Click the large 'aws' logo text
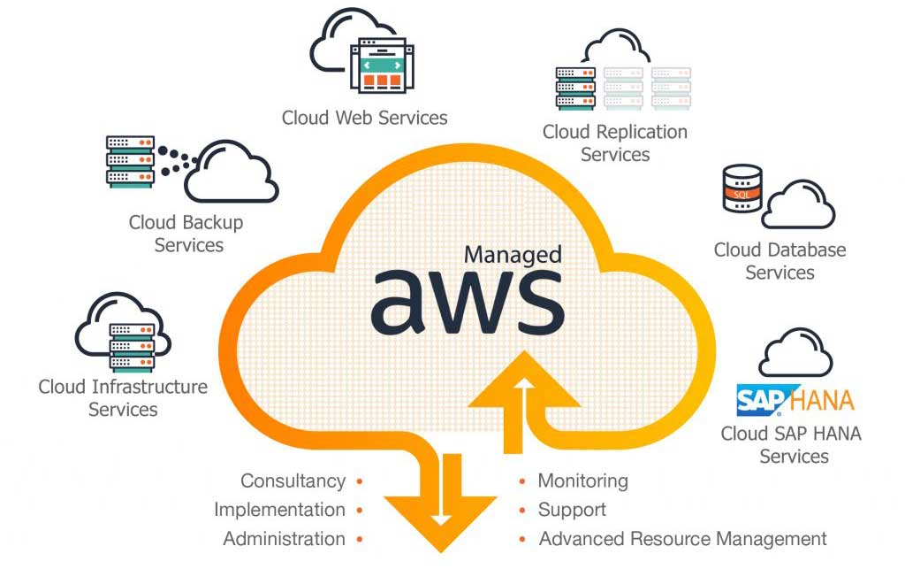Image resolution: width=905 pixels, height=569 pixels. pyautogui.click(x=467, y=301)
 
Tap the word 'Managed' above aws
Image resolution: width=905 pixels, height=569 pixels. pyautogui.click(x=513, y=255)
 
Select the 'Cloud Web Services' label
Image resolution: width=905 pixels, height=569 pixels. pyautogui.click(x=364, y=118)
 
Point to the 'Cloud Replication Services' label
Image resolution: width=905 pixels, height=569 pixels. pyautogui.click(x=614, y=143)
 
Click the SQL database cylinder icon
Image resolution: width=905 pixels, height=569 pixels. pyautogui.click(x=741, y=188)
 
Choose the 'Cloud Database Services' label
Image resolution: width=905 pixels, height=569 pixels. pyautogui.click(x=780, y=261)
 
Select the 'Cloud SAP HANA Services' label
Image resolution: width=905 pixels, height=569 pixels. pyautogui.click(x=790, y=445)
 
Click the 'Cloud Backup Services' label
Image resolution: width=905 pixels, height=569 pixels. pyautogui.click(x=186, y=234)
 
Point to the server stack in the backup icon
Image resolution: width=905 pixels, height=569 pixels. pyautogui.click(x=130, y=161)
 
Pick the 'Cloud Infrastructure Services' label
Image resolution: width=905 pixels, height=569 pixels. pyautogui.click(x=123, y=398)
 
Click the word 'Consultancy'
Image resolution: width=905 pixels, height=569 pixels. pyautogui.click(x=293, y=481)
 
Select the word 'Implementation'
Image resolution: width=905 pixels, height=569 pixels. pyautogui.click(x=279, y=510)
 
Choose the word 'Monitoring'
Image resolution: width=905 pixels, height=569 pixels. pyautogui.click(x=582, y=481)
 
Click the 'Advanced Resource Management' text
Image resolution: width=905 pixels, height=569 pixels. pyautogui.click(x=682, y=539)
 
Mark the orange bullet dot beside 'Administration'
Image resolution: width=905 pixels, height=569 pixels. pyautogui.click(x=359, y=539)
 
